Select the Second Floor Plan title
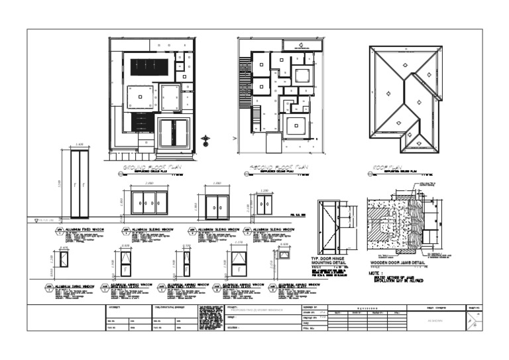(278, 168)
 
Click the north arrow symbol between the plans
(206, 140)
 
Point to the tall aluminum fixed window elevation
(80, 183)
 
